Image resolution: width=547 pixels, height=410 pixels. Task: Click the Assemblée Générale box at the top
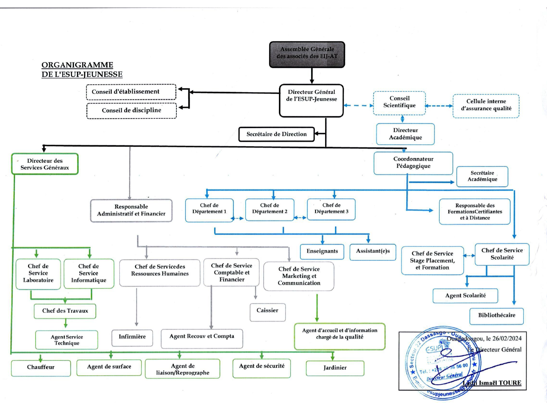(x=307, y=54)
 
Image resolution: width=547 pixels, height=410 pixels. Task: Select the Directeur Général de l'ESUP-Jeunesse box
(x=311, y=100)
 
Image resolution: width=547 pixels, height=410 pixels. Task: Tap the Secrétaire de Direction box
(x=276, y=134)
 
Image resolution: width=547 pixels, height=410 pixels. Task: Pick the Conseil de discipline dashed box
(x=132, y=111)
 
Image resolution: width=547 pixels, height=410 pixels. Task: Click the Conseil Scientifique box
(x=399, y=103)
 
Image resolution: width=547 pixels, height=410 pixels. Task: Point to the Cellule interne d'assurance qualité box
(x=486, y=106)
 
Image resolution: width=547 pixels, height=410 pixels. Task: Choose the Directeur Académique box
(x=405, y=134)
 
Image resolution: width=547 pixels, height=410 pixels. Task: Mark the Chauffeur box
(x=41, y=368)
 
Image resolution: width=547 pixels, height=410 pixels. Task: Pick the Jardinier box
(x=335, y=368)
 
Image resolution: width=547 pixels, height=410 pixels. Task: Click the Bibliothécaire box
(x=496, y=316)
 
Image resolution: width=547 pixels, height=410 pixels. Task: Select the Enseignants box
(x=322, y=252)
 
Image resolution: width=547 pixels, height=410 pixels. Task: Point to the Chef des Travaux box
(x=65, y=311)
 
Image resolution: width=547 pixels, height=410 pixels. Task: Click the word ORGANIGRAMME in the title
(x=77, y=65)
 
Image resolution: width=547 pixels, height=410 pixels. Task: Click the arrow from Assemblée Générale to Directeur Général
(x=312, y=76)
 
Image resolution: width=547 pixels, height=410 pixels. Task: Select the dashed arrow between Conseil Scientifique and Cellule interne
(x=439, y=106)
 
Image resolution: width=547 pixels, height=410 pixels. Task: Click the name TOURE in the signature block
(x=510, y=383)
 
